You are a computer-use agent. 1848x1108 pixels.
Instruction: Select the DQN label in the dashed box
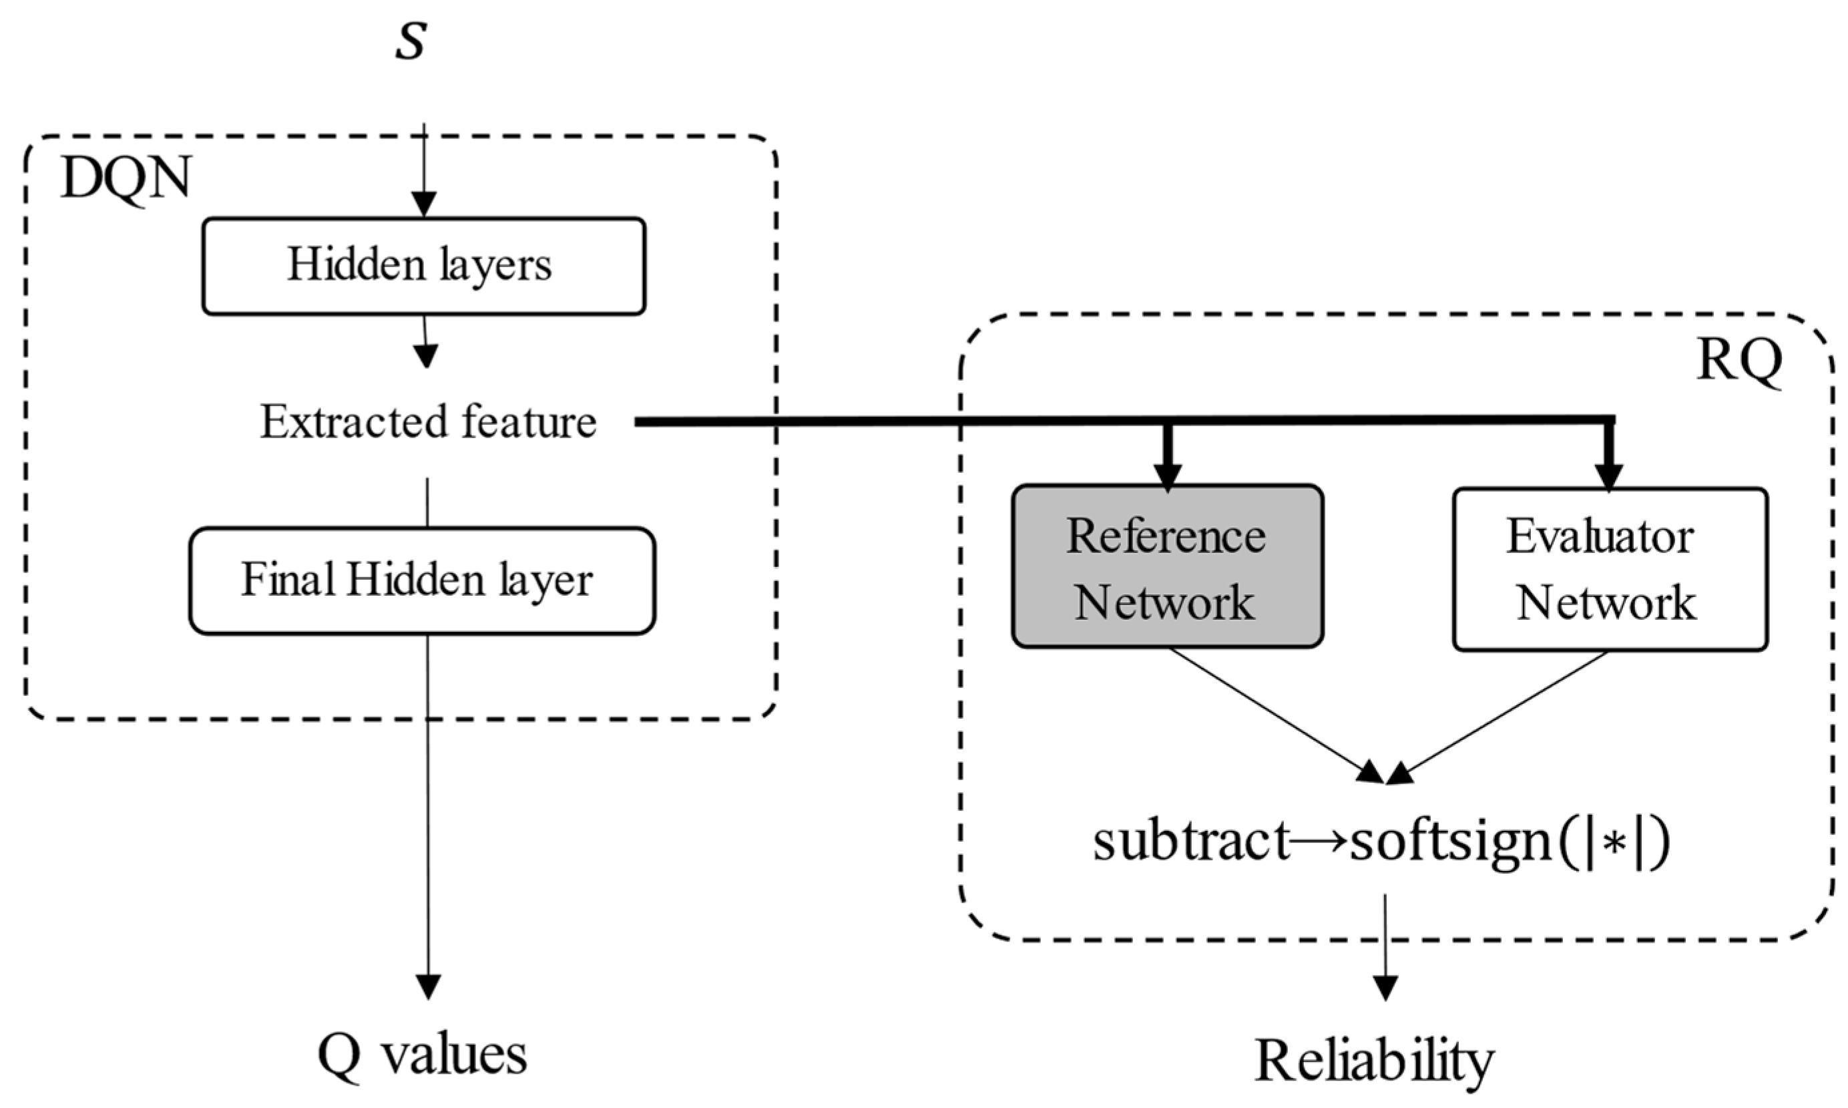click(126, 179)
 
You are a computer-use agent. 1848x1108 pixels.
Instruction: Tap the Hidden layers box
click(423, 266)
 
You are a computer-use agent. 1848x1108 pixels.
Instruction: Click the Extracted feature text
click(428, 422)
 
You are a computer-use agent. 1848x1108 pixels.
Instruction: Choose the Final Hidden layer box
click(422, 581)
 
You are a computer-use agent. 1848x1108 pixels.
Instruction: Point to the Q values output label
click(423, 1055)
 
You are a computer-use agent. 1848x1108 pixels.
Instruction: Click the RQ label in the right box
click(1739, 360)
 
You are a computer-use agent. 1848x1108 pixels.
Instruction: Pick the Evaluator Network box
click(1609, 570)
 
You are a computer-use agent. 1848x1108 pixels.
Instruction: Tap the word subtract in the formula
click(1191, 842)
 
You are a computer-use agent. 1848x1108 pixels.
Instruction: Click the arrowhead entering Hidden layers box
click(424, 204)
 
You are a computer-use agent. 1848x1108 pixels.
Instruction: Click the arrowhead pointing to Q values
click(428, 987)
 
